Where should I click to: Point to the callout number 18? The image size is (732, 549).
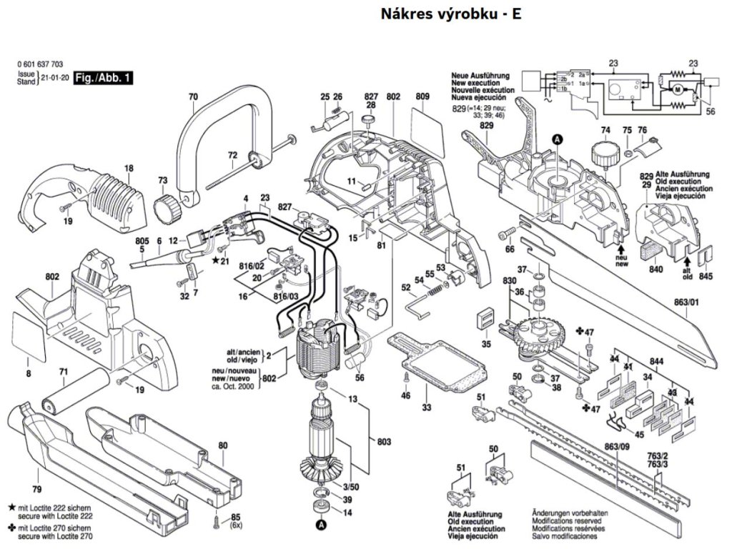[x=129, y=169]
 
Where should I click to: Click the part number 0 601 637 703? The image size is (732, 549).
[x=42, y=64]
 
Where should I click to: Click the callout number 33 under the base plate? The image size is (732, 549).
[x=426, y=408]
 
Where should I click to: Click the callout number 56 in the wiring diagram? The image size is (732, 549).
[x=710, y=112]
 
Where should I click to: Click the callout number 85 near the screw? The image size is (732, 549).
[x=236, y=516]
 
